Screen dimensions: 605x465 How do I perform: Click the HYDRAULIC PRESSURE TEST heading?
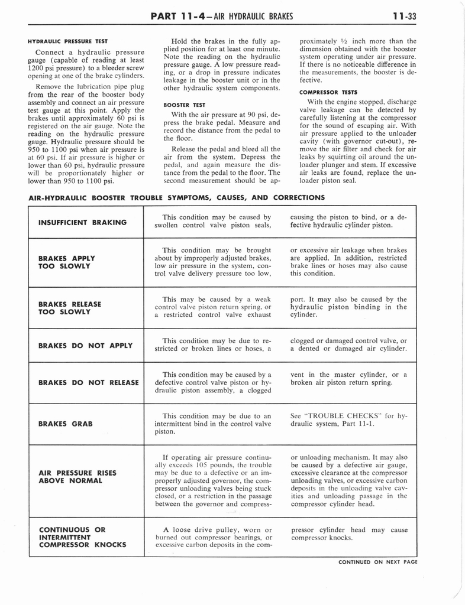[x=68, y=41]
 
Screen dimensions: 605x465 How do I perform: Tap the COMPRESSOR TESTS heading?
[x=328, y=92]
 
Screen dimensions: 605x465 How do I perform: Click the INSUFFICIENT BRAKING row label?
[x=82, y=222]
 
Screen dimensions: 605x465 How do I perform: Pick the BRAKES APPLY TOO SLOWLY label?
[x=67, y=262]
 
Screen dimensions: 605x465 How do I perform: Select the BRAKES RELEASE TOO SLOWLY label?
[x=70, y=308]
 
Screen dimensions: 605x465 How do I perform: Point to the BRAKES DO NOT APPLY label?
[x=85, y=345]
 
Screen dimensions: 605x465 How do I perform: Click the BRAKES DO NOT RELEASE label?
[x=88, y=382]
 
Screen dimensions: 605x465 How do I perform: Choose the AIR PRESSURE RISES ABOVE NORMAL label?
[x=77, y=477]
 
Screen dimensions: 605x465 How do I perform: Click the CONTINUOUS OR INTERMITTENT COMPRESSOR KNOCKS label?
[x=82, y=537]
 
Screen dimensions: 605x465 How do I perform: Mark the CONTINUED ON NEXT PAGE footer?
[x=377, y=562]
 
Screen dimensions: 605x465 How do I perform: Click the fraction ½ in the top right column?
[x=343, y=41]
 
